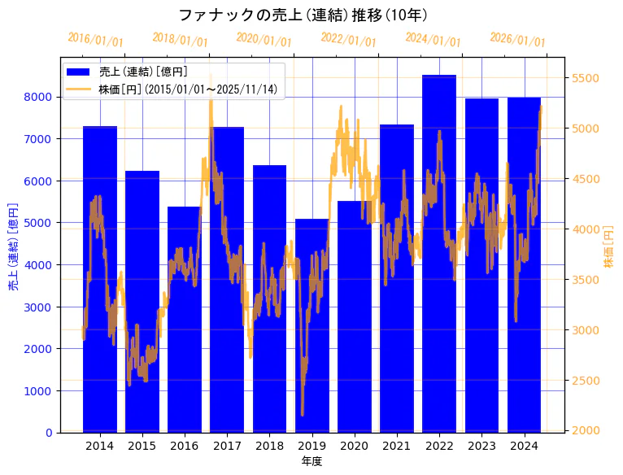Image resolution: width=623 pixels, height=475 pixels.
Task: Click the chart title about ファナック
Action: (303, 15)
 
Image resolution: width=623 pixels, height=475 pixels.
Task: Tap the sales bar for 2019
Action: (311, 325)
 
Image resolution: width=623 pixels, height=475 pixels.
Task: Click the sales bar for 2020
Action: (355, 316)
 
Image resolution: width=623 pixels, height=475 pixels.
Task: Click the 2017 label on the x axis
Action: (227, 446)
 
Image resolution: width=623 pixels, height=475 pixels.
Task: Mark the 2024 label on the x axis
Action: (524, 446)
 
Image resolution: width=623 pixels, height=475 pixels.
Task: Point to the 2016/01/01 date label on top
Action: (95, 39)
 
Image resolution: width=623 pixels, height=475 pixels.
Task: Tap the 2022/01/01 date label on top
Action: (348, 39)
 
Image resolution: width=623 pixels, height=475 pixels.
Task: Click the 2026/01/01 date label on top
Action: (517, 39)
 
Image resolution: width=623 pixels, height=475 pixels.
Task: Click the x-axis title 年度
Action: (311, 461)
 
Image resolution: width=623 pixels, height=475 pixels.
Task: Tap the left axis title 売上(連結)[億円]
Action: (12, 247)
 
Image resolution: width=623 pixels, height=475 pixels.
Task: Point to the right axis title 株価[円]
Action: (609, 249)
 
